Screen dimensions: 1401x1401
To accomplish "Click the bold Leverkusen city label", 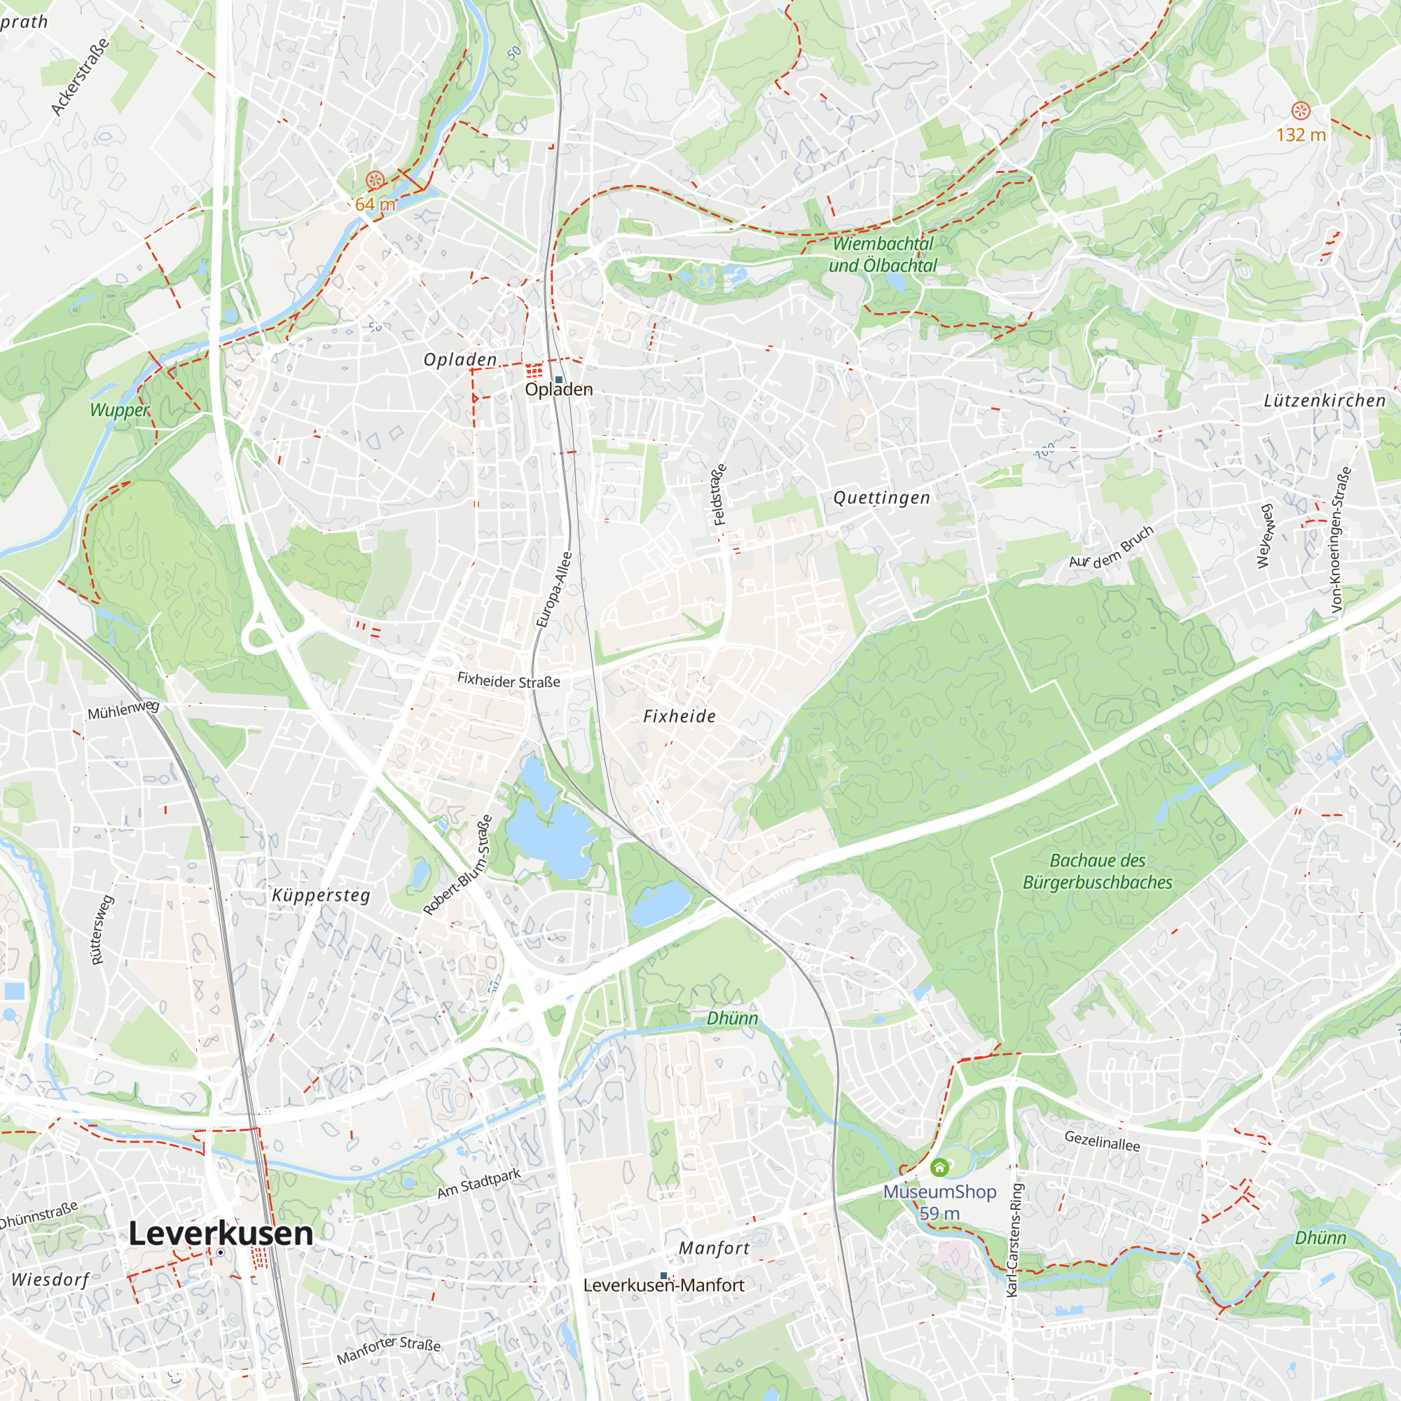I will (221, 1234).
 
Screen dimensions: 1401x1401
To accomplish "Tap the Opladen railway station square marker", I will (558, 379).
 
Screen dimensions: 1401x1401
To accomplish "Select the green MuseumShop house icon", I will (940, 1168).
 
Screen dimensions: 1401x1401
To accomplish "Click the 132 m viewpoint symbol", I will (1301, 111).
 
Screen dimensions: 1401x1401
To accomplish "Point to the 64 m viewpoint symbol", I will (375, 180).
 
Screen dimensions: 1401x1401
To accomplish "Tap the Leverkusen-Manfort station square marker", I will (663, 1276).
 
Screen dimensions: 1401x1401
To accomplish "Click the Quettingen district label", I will (881, 497).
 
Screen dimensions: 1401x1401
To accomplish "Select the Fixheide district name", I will (679, 717).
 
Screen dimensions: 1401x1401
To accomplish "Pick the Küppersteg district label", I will (322, 895).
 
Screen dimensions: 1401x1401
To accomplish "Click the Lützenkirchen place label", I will (1325, 400).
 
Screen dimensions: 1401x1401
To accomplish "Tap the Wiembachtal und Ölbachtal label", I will (883, 254).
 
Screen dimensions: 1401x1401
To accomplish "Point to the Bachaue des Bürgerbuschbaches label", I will (1097, 871).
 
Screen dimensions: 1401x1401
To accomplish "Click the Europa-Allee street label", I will (555, 589).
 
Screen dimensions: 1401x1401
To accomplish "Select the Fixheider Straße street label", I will (509, 681).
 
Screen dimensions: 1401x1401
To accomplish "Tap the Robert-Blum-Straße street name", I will (457, 865).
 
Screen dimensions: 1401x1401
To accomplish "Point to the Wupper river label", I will (120, 410).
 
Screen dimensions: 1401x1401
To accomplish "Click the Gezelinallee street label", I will (1102, 1140).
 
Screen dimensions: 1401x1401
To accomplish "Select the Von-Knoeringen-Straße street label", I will (1341, 539).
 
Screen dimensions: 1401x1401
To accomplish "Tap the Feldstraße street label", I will (719, 494).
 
